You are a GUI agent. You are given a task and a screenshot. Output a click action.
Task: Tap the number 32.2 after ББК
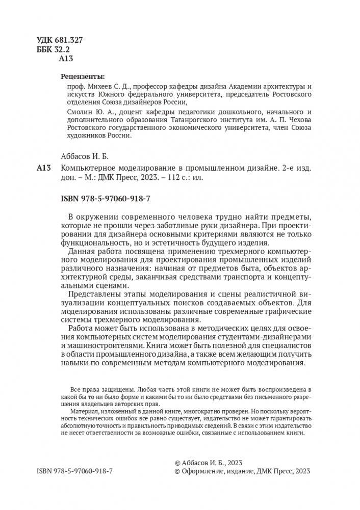68,49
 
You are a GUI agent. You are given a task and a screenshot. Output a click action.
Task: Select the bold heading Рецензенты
82,77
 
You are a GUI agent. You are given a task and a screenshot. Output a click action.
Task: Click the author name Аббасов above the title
76,156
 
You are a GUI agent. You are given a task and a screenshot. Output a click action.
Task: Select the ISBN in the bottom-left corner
74,471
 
